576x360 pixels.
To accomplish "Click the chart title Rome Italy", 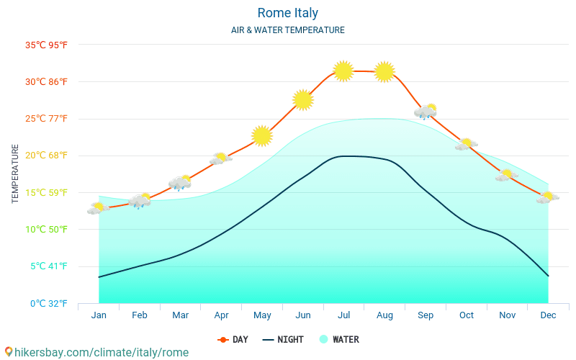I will pos(287,13).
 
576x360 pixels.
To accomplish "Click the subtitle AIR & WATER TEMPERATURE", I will pos(287,30).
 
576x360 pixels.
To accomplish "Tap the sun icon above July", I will pos(343,71).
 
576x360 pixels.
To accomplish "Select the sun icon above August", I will pos(384,71).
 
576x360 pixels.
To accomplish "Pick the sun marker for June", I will pos(303,100).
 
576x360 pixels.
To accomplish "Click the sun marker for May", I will pos(262,135).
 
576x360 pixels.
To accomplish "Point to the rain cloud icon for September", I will pos(426,111).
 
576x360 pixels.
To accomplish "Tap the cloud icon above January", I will pos(98,208).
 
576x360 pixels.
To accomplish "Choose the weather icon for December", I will pos(547,197).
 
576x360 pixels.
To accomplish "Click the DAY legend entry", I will pos(233,339).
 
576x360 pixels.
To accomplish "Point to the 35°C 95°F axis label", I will pos(46,45).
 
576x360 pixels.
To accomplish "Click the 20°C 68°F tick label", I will pos(46,156).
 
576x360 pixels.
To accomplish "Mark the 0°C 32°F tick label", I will pos(49,303).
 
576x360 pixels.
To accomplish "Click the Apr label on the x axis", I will pos(221,315).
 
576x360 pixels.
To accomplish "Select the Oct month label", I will pos(467,315).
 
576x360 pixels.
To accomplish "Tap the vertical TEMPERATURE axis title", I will pos(16,174).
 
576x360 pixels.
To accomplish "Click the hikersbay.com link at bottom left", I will pos(96,352).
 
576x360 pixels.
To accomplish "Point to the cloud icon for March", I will pos(180,183).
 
